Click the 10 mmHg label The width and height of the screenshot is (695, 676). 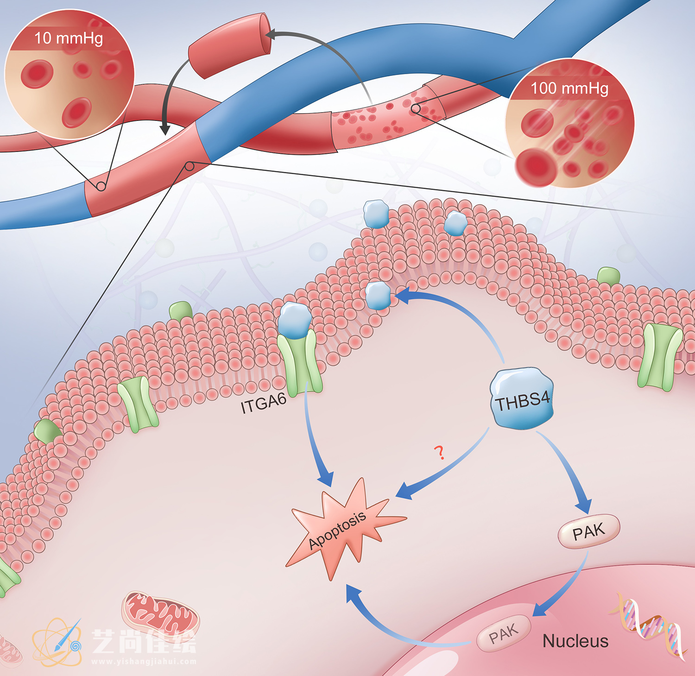(69, 38)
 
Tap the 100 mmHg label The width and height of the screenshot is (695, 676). (569, 88)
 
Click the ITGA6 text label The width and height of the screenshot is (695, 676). (263, 403)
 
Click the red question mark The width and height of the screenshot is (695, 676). (439, 452)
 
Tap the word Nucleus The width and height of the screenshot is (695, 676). (575, 641)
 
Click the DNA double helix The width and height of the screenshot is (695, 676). (649, 625)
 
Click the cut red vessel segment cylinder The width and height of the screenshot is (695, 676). (230, 45)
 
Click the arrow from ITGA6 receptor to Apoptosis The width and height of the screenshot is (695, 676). (315, 445)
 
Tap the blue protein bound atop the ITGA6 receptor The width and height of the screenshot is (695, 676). (295, 320)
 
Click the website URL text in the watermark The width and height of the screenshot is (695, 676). (144, 662)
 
